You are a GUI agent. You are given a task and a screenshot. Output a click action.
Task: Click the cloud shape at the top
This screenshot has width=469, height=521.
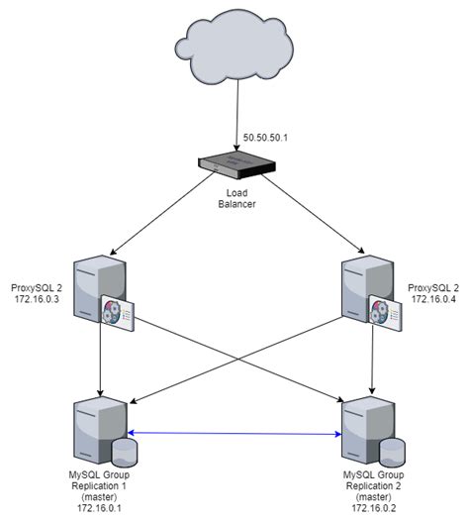pos(235,50)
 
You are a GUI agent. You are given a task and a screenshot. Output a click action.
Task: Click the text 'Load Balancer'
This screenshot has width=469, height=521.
pos(235,199)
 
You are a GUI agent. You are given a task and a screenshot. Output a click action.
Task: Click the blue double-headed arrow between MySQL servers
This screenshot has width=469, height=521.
pos(235,433)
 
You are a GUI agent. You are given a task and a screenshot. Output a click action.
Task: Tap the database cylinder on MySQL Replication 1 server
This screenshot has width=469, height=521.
pos(124,452)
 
